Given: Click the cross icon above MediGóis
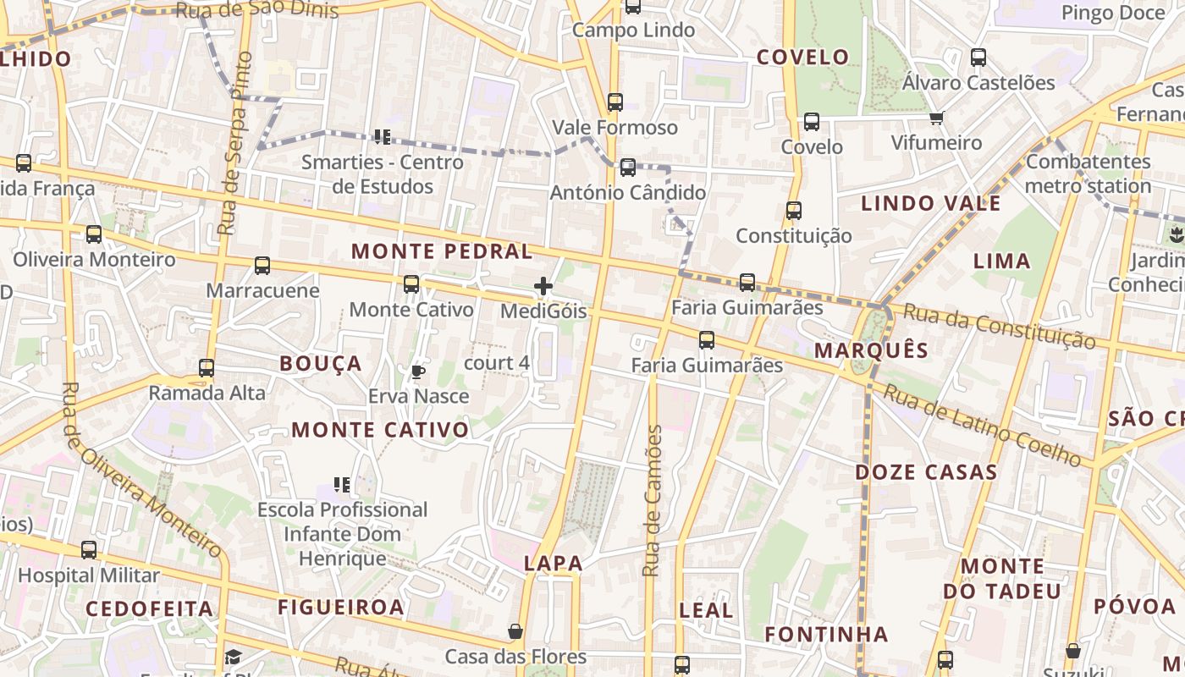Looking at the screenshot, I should (543, 287).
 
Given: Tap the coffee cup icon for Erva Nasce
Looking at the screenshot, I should (417, 371).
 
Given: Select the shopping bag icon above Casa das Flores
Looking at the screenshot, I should (515, 632).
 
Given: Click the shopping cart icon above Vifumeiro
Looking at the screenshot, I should (936, 118).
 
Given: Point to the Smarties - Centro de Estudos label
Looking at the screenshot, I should (383, 173).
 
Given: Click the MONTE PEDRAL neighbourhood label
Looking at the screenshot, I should (442, 251).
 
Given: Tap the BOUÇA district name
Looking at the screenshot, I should (321, 364).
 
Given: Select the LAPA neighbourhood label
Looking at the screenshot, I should (554, 563).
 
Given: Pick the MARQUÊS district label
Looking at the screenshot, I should (871, 350).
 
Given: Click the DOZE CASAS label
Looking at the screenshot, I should (926, 472).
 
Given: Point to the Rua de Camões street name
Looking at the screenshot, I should (652, 501).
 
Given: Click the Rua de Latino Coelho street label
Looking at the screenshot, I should (986, 425).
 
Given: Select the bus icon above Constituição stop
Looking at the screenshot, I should (793, 211).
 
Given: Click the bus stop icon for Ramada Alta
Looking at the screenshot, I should (207, 368).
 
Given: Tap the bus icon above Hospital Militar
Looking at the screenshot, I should (89, 550).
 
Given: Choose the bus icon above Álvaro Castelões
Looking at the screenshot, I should (978, 58).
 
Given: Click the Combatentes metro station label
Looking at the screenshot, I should (1089, 173).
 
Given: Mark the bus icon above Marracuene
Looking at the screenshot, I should (262, 266).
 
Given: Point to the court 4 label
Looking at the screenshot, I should (497, 363).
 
